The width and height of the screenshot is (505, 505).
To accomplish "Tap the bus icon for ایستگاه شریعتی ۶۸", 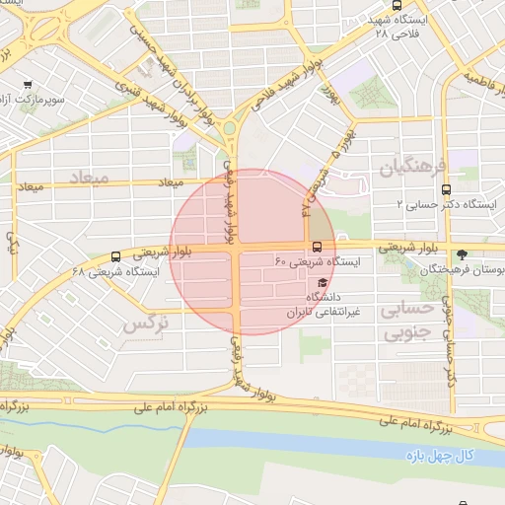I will coord(116,255).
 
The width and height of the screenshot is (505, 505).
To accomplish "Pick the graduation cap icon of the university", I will coord(323,281).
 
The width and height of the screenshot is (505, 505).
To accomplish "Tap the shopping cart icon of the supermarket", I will coord(27,84).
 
